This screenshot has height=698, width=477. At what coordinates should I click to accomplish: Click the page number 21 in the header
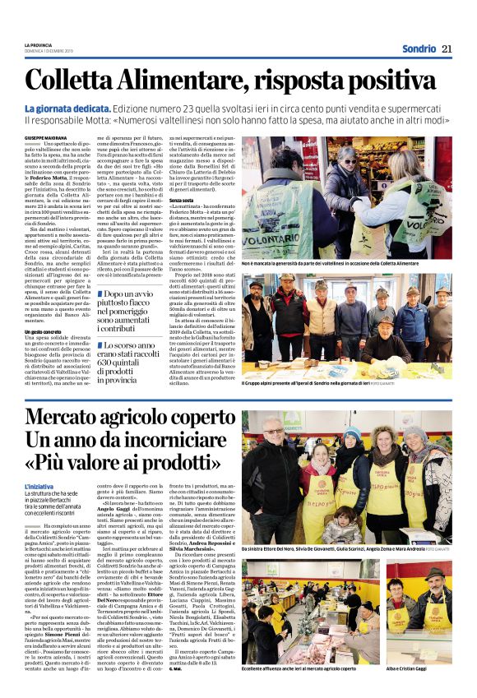click(x=447, y=49)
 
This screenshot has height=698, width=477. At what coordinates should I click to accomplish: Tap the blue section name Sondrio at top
click(x=418, y=49)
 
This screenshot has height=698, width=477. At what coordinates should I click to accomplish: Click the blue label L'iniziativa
click(x=39, y=488)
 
